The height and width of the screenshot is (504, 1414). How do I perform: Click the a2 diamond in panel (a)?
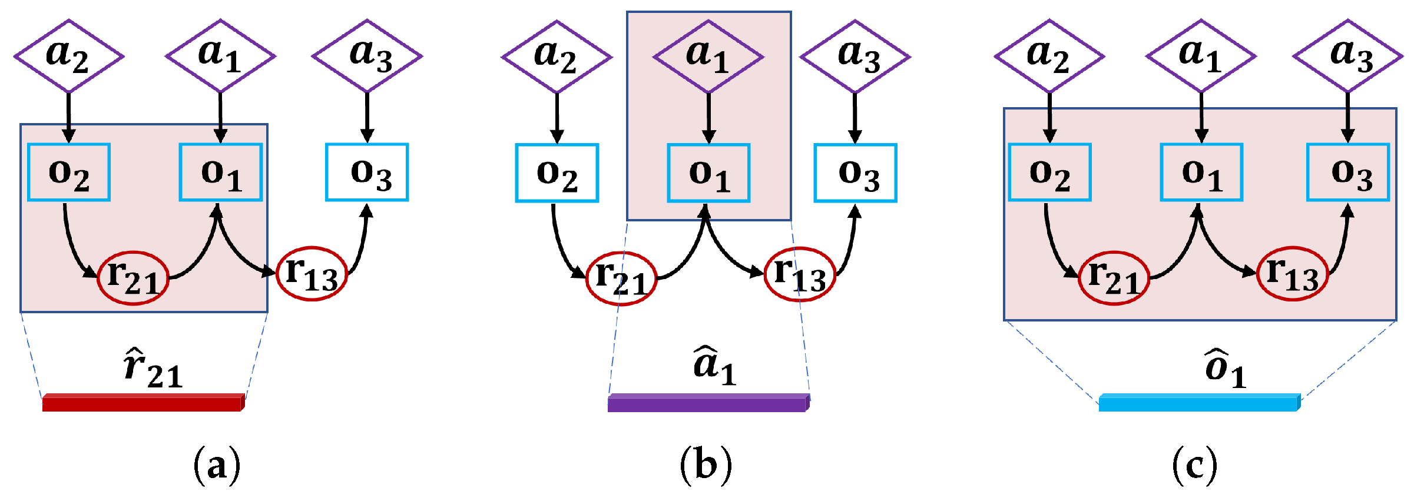[x=69, y=57]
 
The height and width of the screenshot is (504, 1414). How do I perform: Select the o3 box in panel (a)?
[x=367, y=173]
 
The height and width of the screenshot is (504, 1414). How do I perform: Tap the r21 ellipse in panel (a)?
[x=133, y=278]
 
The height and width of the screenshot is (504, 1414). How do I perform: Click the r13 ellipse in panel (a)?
[x=312, y=274]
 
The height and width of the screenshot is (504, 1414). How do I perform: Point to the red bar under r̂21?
[x=143, y=403]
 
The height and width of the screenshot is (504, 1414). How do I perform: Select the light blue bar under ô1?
[x=1198, y=403]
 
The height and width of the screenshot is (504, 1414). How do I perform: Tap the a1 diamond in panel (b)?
[x=708, y=57]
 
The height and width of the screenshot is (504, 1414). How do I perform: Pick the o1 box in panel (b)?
[x=708, y=173]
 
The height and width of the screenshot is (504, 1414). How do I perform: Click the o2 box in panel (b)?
[x=557, y=173]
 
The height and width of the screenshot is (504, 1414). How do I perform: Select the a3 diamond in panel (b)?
[x=855, y=57]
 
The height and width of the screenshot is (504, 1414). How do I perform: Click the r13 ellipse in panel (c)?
[x=1292, y=274]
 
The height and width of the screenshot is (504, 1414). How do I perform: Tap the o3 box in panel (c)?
[x=1348, y=173]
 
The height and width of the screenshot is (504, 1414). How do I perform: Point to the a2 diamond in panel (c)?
[x=1049, y=57]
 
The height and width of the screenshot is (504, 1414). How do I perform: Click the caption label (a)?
[x=217, y=465]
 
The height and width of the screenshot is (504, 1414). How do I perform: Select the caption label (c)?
[x=1194, y=465]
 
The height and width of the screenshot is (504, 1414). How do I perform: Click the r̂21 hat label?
[x=153, y=369]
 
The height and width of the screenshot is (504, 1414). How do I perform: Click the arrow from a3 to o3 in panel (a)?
[x=367, y=117]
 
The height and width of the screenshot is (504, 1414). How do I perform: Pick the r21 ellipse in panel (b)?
[x=621, y=278]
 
